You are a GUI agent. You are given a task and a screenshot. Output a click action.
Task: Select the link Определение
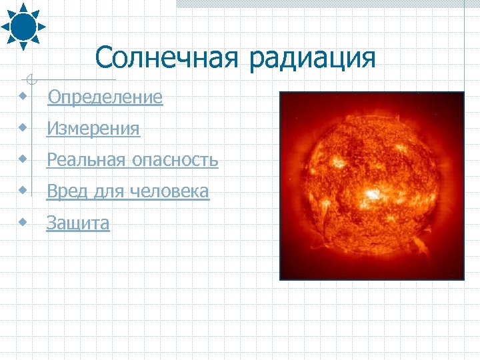105,97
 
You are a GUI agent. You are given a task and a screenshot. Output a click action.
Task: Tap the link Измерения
93,129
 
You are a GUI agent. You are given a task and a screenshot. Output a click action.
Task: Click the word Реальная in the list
85,160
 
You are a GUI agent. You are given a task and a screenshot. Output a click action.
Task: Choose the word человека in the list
170,192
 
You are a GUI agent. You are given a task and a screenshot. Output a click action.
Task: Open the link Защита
78,223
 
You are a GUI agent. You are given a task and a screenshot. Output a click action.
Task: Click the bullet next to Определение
24,97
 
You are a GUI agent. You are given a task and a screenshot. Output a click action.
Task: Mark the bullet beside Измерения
24,127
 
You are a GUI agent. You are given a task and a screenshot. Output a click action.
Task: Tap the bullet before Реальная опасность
24,159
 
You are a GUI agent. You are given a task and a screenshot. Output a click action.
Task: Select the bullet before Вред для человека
24,190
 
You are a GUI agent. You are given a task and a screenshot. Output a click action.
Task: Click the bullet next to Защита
24,221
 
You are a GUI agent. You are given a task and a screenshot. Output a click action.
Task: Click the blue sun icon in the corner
23,26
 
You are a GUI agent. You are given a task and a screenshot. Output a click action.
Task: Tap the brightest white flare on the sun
373,195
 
